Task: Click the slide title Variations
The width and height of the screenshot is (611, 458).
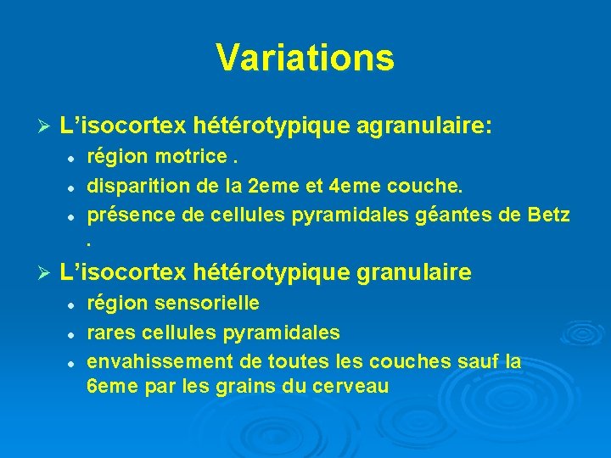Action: [305, 58]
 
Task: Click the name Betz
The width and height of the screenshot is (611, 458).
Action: [549, 214]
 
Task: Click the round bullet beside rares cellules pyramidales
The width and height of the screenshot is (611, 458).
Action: [74, 332]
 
